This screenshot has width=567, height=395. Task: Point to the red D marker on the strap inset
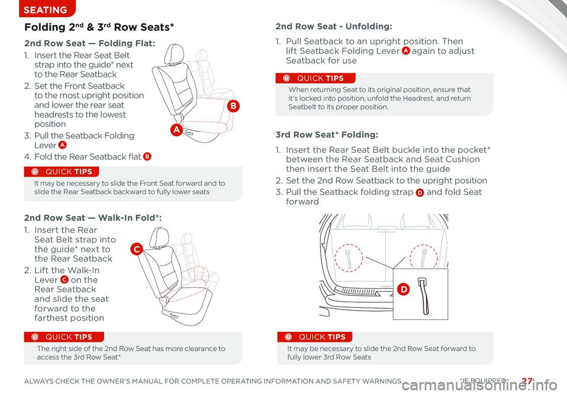click(x=403, y=288)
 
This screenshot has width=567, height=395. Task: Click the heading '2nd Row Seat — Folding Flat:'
click(x=90, y=43)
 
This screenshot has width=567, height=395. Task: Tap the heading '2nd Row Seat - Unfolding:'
click(x=334, y=27)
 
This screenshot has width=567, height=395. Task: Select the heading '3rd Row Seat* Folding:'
click(x=327, y=135)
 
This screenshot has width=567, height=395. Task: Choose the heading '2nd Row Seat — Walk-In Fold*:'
click(x=93, y=217)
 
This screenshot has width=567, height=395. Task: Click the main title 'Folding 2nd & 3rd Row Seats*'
click(x=99, y=27)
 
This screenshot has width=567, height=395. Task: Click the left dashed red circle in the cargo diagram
click(x=348, y=258)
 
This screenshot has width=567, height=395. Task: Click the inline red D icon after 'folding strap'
click(x=418, y=192)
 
